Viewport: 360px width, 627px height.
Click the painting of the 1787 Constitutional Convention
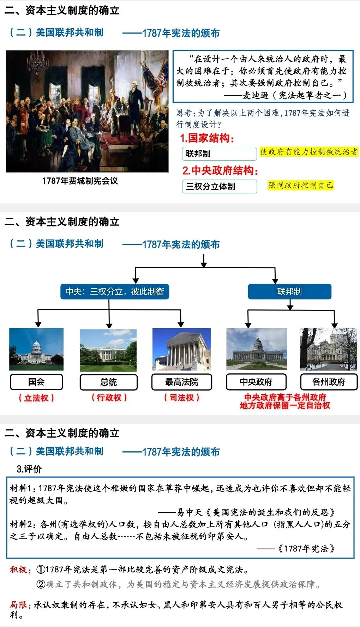pos(87,111)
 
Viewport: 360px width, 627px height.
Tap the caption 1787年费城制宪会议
pos(80,181)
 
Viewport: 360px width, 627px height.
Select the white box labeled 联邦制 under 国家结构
pos(219,153)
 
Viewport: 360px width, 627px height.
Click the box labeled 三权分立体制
pos(219,186)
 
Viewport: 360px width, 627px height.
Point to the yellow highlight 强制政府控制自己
pos(300,185)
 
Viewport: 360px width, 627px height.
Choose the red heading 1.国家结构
pos(207,138)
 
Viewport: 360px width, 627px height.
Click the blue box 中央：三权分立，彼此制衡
pos(115,292)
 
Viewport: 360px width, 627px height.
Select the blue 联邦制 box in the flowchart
pos(289,292)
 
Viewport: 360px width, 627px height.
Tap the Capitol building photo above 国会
pos(36,349)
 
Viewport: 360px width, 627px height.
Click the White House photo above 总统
pos(108,350)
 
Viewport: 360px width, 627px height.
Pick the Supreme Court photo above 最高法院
pos(182,349)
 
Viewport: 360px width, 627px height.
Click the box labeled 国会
pos(36,382)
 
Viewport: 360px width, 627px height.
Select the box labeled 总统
pos(108,382)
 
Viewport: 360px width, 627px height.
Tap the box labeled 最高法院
pos(182,382)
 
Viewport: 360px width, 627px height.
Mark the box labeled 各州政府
pos(329,382)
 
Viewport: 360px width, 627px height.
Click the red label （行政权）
pos(109,398)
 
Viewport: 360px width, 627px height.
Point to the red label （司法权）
pos(182,398)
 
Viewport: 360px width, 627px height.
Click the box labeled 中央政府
pos(256,382)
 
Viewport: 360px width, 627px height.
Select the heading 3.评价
pos(29,469)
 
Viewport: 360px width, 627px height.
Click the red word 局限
pos(18,605)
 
